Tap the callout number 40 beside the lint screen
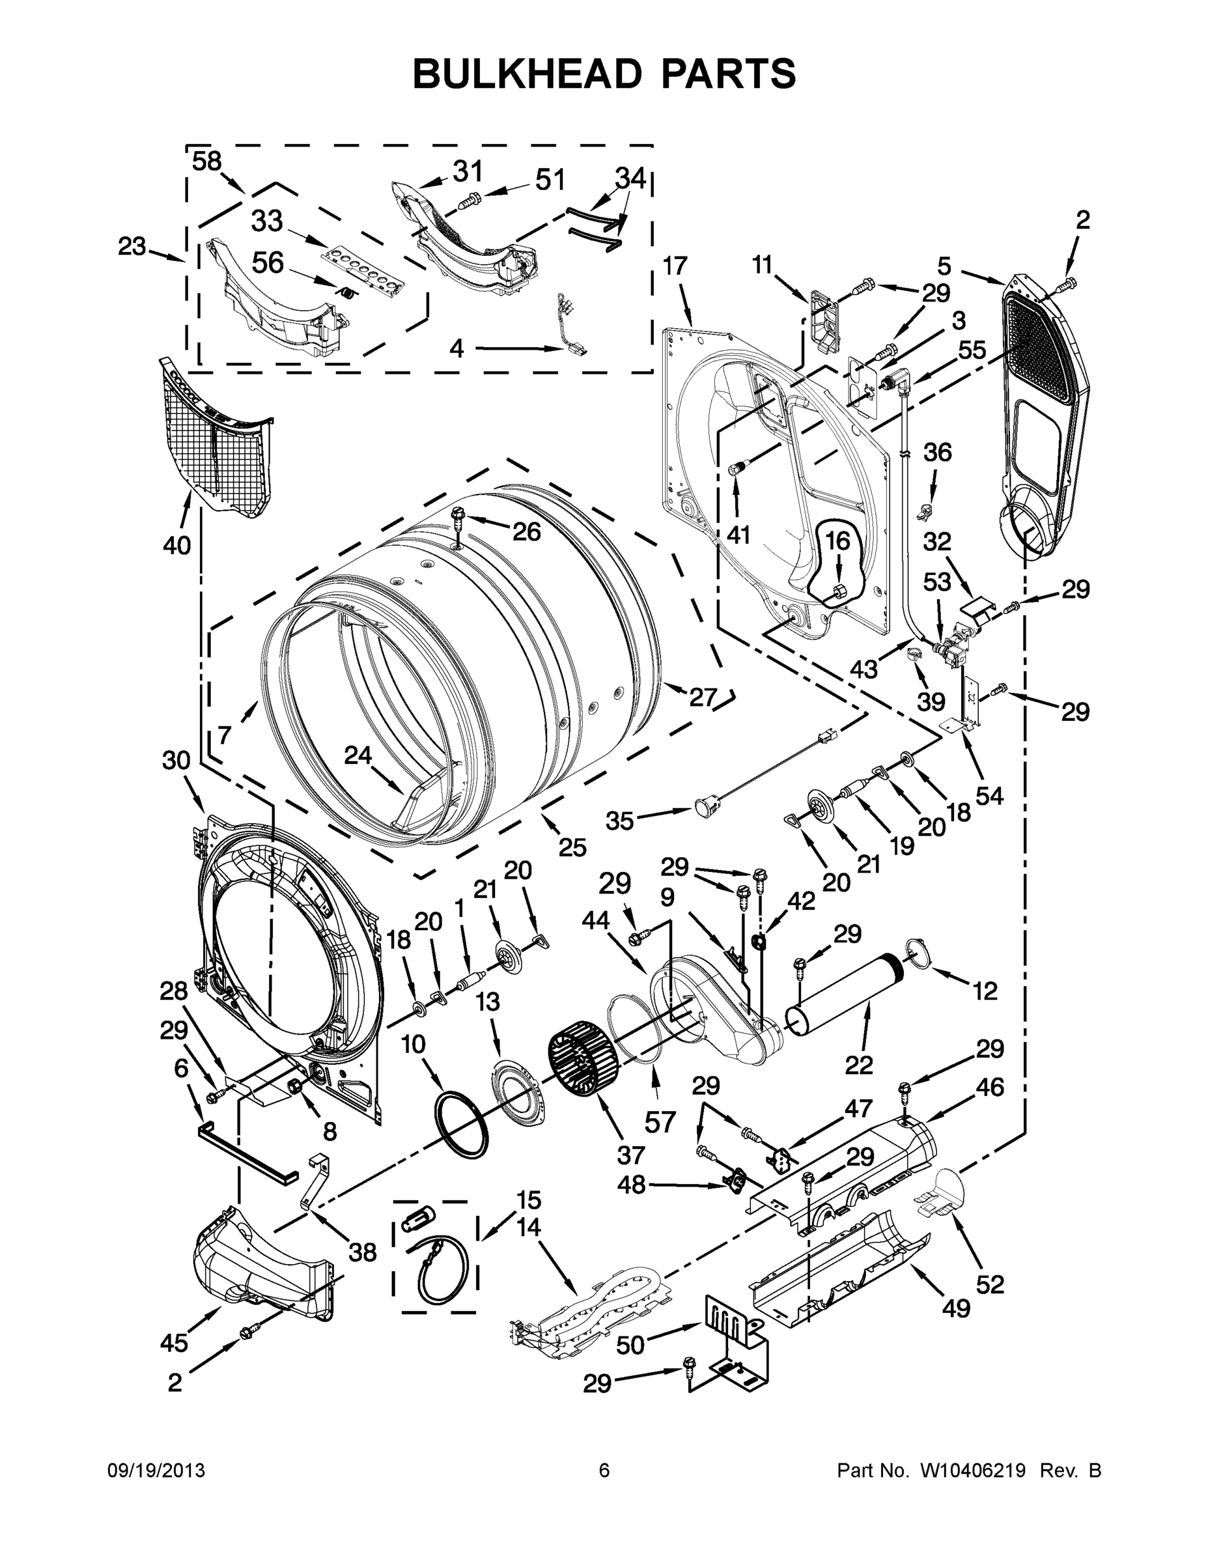(x=176, y=545)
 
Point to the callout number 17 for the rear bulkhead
(x=674, y=266)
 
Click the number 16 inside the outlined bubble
(x=837, y=541)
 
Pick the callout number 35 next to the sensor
(x=620, y=821)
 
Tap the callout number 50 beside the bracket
(x=630, y=1345)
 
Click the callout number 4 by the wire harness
(x=457, y=348)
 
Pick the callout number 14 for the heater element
(x=528, y=1228)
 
